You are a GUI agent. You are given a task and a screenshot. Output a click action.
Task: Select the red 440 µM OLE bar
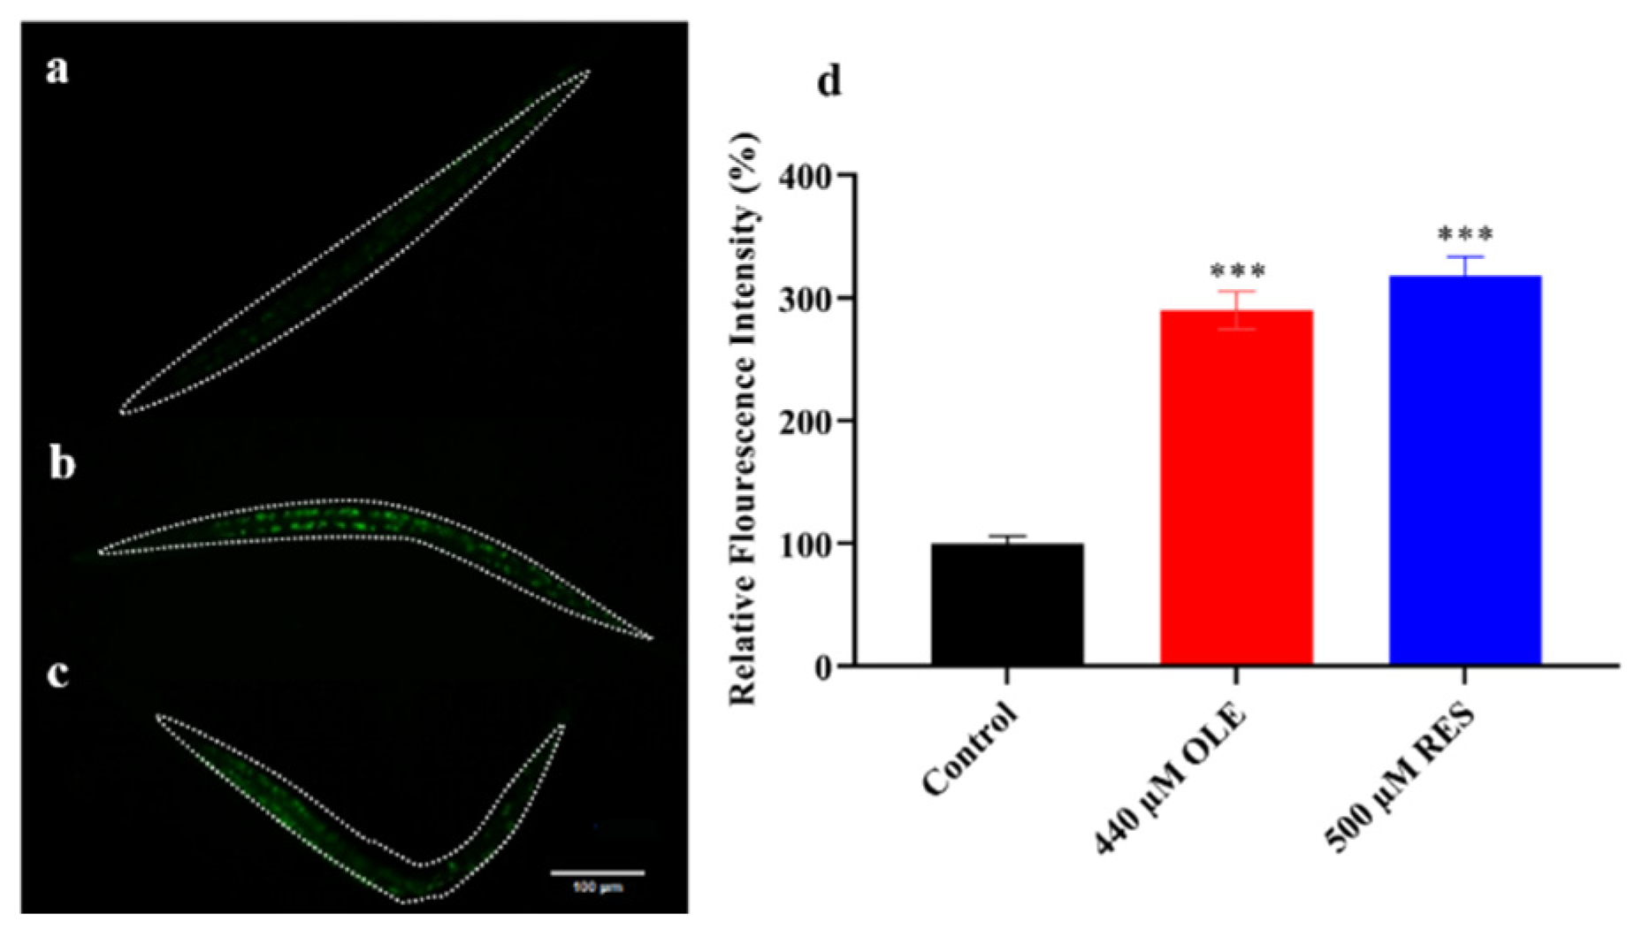(x=1236, y=487)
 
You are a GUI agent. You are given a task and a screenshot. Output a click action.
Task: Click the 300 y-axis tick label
(x=806, y=300)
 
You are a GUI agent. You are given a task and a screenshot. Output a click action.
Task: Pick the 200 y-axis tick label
(x=806, y=422)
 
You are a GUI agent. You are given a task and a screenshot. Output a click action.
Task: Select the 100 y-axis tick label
(x=806, y=544)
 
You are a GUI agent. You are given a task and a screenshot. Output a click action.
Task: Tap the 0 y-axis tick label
(x=822, y=667)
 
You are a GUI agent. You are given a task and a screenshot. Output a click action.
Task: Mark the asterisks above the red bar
(x=1237, y=271)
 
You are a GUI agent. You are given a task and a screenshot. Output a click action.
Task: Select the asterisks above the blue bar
(x=1465, y=234)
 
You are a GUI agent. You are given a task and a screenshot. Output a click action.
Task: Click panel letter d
(x=829, y=81)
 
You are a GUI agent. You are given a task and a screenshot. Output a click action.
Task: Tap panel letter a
(x=57, y=69)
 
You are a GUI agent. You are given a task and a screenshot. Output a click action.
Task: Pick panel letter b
(x=61, y=463)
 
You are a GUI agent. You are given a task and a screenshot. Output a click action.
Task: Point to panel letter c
(x=58, y=673)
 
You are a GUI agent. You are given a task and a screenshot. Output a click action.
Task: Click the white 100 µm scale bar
(x=597, y=872)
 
